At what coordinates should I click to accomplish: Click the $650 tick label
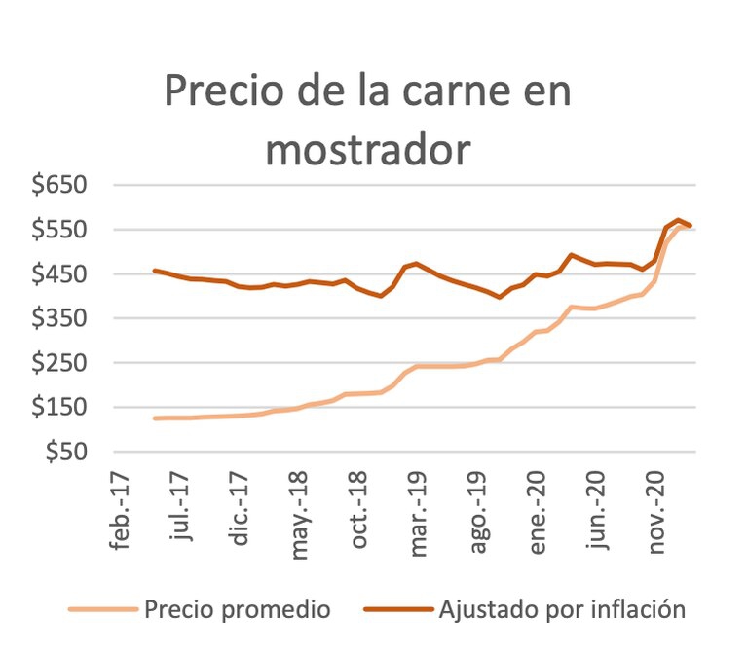point(61,185)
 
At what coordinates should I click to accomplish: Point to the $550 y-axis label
point(61,230)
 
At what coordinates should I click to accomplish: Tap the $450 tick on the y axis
point(61,274)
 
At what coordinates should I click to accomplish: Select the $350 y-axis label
point(61,318)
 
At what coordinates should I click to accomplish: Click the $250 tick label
point(61,363)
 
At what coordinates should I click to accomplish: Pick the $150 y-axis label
point(61,407)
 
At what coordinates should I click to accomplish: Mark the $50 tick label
point(68,452)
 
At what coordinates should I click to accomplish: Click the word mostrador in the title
point(367,150)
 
